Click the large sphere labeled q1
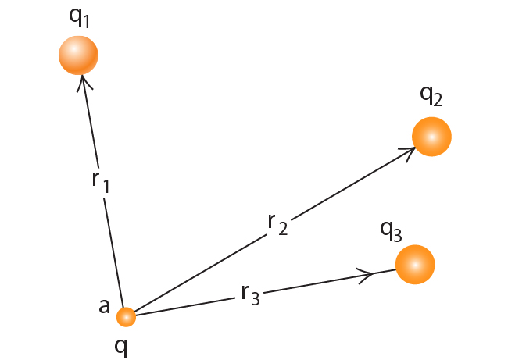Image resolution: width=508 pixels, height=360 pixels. pyautogui.click(x=78, y=55)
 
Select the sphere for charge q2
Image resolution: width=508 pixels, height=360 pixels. pyautogui.click(x=431, y=137)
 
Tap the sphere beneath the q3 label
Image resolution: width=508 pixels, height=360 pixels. pyautogui.click(x=414, y=265)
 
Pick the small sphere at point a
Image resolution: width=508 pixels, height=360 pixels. pyautogui.click(x=126, y=317)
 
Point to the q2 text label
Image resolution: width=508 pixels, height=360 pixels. pyautogui.click(x=431, y=94)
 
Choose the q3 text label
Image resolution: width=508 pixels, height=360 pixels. pyautogui.click(x=391, y=230)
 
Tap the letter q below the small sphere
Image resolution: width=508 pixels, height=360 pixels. pyautogui.click(x=121, y=345)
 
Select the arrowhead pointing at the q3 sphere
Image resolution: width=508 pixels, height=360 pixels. pyautogui.click(x=367, y=273)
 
